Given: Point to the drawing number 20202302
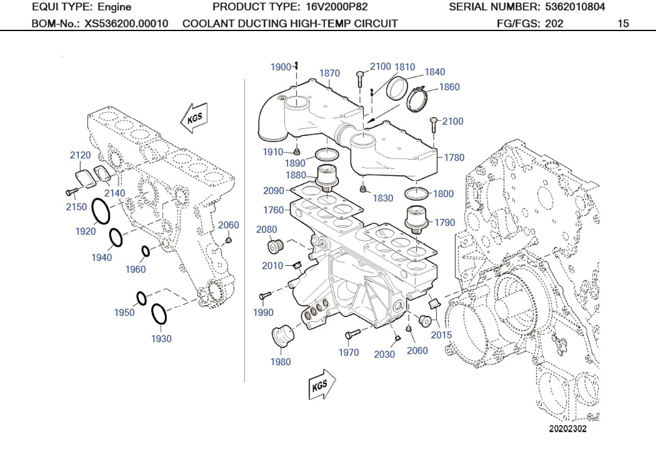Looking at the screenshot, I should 568,429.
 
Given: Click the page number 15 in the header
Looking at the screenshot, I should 623,24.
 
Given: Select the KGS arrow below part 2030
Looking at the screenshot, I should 322,385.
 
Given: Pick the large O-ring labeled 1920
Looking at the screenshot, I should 101,212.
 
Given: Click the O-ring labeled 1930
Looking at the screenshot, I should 159,313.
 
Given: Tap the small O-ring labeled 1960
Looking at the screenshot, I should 145,251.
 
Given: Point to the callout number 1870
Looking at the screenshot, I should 329,73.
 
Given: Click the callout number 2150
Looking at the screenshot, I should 76,207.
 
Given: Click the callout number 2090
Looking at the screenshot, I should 274,191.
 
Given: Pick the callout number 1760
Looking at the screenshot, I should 274,210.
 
